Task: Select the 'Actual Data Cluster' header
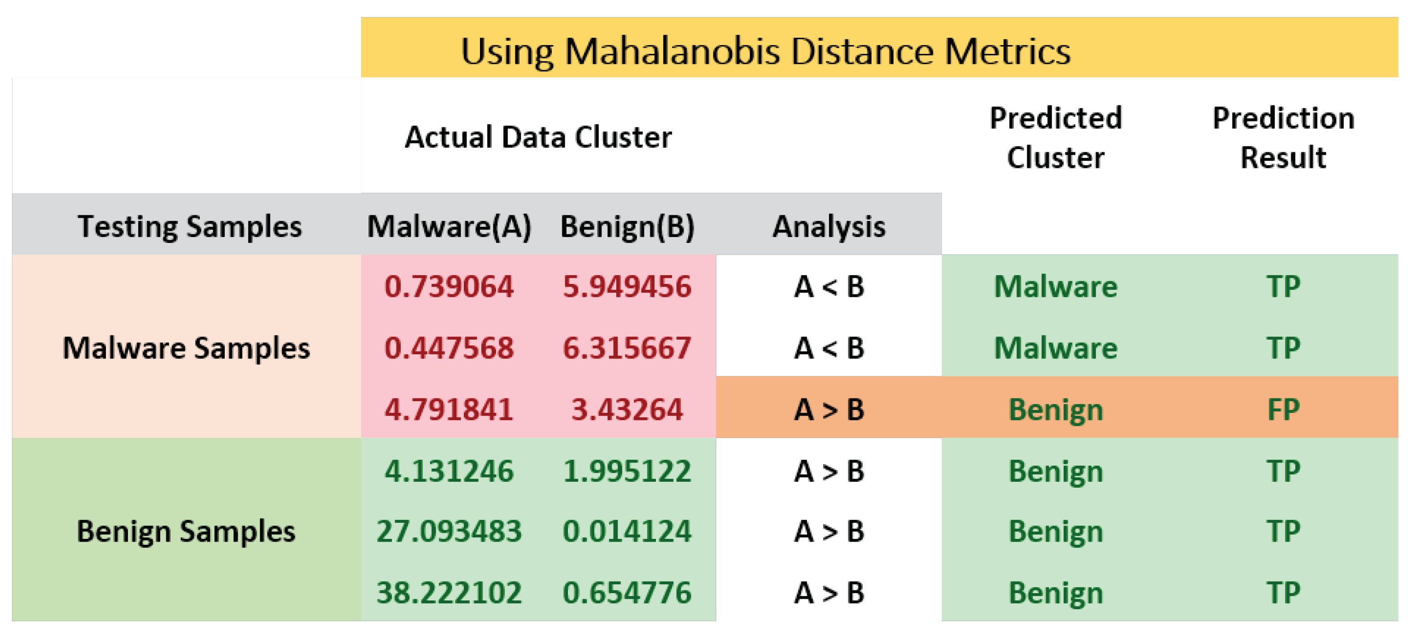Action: pyautogui.click(x=538, y=137)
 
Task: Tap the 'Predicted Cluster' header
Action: pyautogui.click(x=1055, y=137)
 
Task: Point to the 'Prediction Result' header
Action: pyautogui.click(x=1283, y=137)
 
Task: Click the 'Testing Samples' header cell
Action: pyautogui.click(x=189, y=226)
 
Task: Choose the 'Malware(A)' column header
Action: pyautogui.click(x=449, y=226)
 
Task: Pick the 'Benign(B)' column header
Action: pyautogui.click(x=627, y=226)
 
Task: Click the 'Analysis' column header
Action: pyautogui.click(x=828, y=226)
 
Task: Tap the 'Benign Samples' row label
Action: pyautogui.click(x=186, y=531)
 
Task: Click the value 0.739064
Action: pyautogui.click(x=449, y=286)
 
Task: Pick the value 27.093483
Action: pyautogui.click(x=449, y=531)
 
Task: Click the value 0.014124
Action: pyautogui.click(x=627, y=531)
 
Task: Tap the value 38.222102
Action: pyautogui.click(x=449, y=592)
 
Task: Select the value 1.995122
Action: pyautogui.click(x=627, y=471)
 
